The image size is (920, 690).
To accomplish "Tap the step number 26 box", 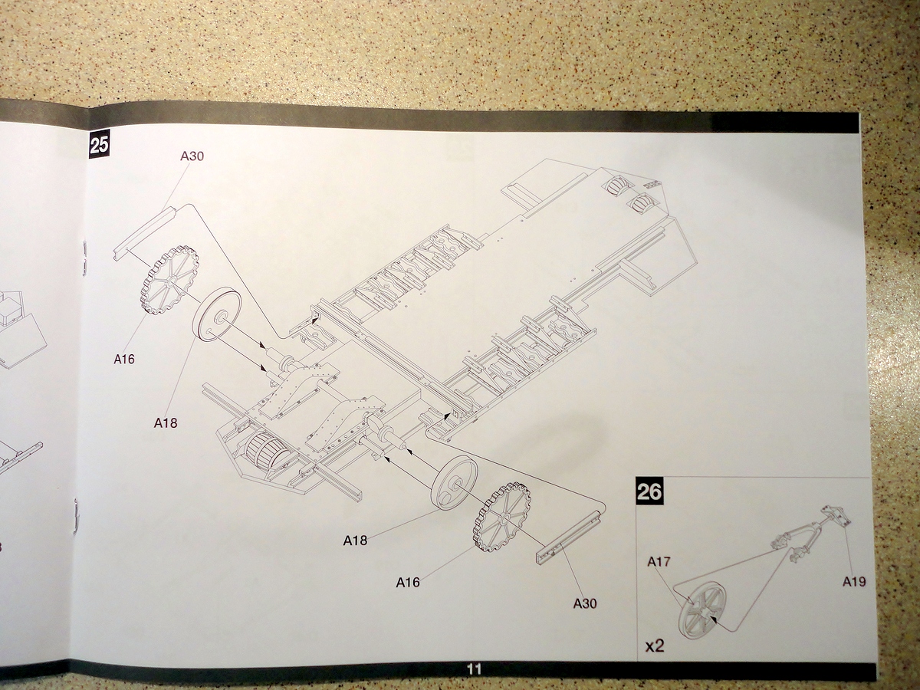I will (x=649, y=491).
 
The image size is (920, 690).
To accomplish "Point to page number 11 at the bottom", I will (x=474, y=669).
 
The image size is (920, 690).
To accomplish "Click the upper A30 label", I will (x=192, y=156).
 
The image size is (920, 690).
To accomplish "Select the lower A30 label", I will (x=584, y=603).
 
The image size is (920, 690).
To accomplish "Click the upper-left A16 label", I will (x=123, y=359).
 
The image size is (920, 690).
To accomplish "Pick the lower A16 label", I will (x=408, y=583).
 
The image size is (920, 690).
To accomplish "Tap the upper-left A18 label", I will (x=166, y=422).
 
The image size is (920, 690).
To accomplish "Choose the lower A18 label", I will (x=355, y=540).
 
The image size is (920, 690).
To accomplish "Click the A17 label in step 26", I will (x=659, y=562).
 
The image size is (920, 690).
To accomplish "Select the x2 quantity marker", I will (x=654, y=646).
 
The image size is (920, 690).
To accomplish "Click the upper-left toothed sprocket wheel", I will (x=169, y=281).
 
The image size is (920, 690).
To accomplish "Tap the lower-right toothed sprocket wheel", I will (x=503, y=518).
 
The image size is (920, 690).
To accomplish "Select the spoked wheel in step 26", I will (x=701, y=609).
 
